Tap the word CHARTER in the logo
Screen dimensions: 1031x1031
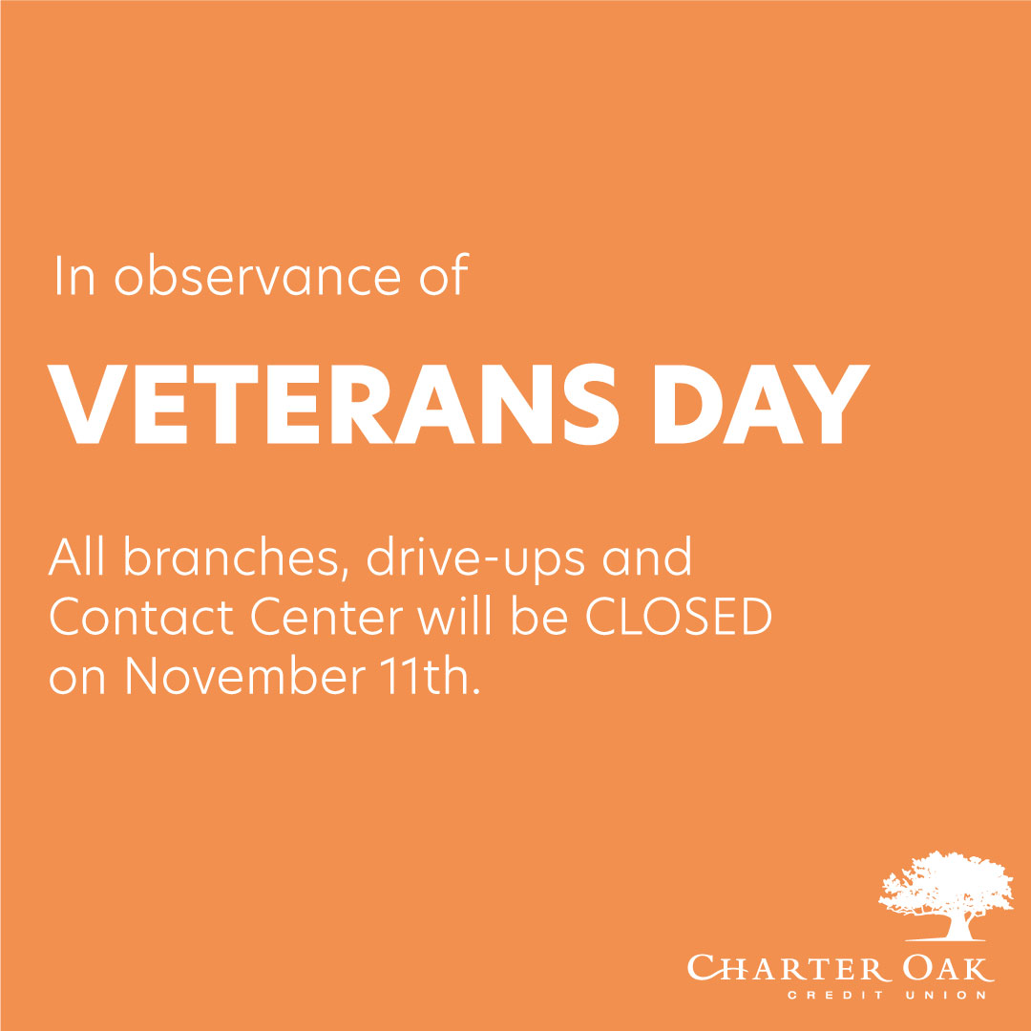[779, 969]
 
